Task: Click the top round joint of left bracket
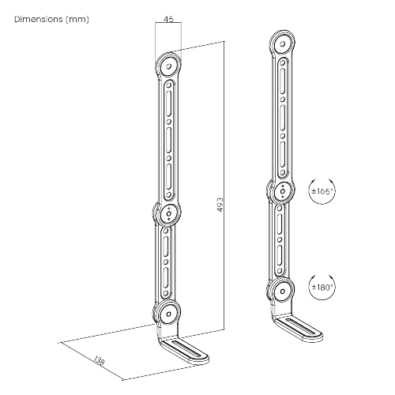(x=167, y=65)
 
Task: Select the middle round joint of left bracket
(x=167, y=213)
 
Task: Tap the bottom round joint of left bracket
(x=167, y=312)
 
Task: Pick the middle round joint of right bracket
(x=283, y=190)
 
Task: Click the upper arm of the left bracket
(x=167, y=138)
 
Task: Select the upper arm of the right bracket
(x=283, y=117)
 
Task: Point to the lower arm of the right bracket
(x=283, y=240)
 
